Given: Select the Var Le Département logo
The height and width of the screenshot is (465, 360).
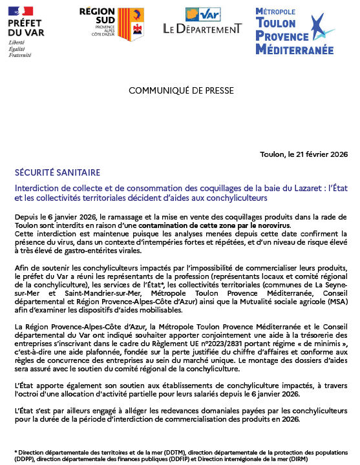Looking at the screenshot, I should (x=202, y=22).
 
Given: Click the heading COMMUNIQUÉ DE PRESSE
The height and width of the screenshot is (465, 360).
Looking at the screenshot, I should (x=180, y=90).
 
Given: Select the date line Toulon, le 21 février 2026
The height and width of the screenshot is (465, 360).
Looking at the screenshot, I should (x=302, y=154).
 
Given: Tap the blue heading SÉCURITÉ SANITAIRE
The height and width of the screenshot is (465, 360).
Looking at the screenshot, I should (x=57, y=172).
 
